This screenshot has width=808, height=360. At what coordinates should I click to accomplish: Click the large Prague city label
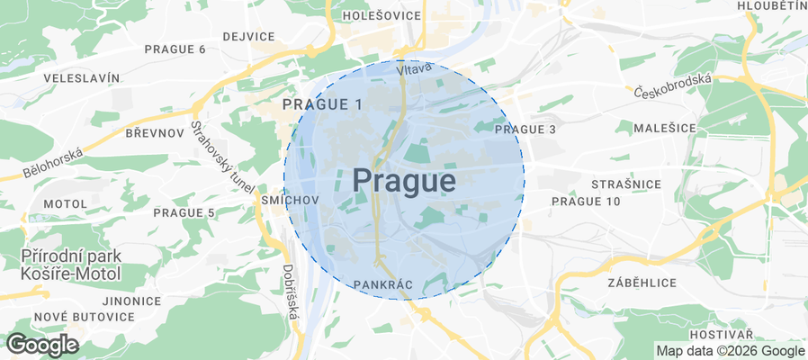[x=403, y=181]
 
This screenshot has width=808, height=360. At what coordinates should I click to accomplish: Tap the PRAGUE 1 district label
[x=322, y=104]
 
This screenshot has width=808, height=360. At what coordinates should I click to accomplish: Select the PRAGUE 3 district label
[x=525, y=130]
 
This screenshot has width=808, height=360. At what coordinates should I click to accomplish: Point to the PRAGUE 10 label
[x=586, y=201]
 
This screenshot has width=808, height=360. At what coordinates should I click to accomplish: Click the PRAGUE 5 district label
[x=184, y=212]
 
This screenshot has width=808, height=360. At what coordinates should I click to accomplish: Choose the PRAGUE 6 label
[x=175, y=49]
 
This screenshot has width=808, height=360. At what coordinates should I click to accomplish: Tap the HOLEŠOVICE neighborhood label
[x=382, y=15]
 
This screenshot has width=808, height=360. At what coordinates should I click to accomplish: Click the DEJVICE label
[x=248, y=36]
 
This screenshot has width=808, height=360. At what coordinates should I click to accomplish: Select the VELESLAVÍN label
[x=82, y=78]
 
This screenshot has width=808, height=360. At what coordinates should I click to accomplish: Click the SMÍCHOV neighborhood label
[x=288, y=200]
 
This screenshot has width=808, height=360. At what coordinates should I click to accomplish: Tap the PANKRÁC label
[x=383, y=285]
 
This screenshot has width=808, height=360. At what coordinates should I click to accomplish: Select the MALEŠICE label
[x=665, y=129]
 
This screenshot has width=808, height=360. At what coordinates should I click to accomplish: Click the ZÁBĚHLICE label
[x=642, y=282]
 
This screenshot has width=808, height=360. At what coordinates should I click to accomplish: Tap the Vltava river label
[x=414, y=67]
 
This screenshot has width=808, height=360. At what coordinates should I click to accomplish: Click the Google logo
[x=41, y=344]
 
